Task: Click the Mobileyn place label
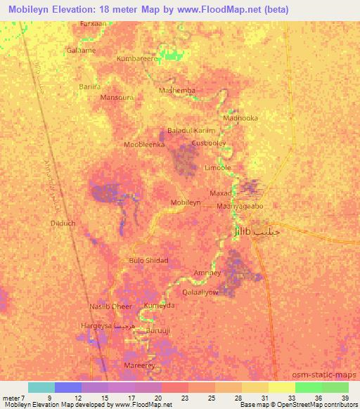pyautogui.click(x=186, y=202)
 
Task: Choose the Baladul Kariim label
pyautogui.click(x=191, y=131)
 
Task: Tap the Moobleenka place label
pyautogui.click(x=144, y=145)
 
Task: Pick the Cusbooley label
pyautogui.click(x=208, y=143)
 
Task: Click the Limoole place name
pyautogui.click(x=217, y=168)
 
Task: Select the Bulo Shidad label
pyautogui.click(x=148, y=260)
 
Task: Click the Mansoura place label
pyautogui.click(x=117, y=98)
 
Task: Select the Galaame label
pyautogui.click(x=81, y=51)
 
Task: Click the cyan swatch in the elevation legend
pyautogui.click(x=41, y=387)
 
